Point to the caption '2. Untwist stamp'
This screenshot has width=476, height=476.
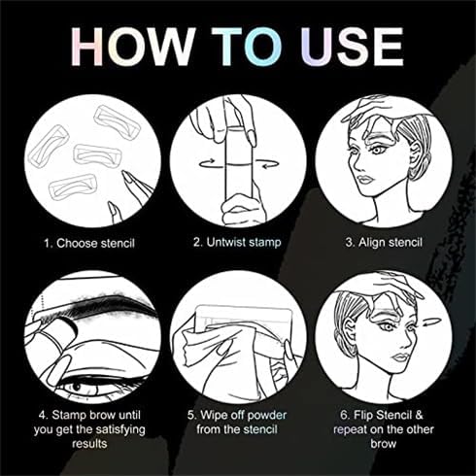point(237,241)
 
